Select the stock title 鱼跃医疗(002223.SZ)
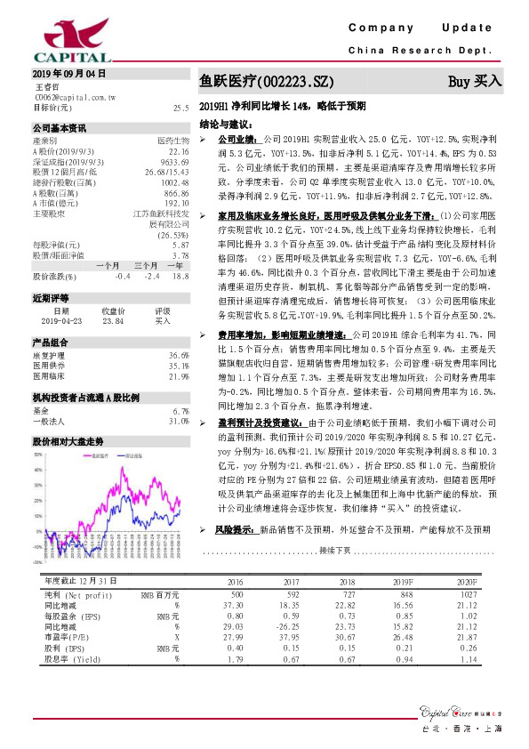coord(267,82)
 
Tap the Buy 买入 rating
coord(475,81)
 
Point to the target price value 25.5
coord(181,108)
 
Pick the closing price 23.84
coord(113,322)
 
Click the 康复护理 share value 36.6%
coord(179,355)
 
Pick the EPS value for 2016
coord(235,615)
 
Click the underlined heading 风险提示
coord(234,529)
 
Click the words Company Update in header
coord(428,28)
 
